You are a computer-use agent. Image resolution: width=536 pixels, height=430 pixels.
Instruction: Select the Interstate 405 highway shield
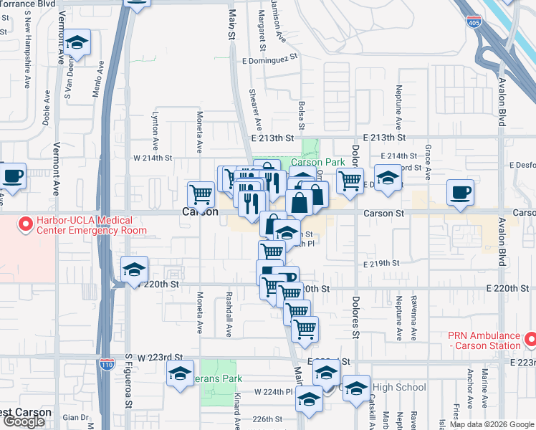tap(474, 23)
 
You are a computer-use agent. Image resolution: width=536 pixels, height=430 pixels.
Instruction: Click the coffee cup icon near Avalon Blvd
tap(460, 191)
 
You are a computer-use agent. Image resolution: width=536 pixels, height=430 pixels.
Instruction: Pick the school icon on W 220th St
tap(134, 270)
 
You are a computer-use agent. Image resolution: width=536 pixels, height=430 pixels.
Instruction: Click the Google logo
tap(23, 421)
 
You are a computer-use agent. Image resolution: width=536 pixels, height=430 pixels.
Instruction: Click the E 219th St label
tap(381, 264)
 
